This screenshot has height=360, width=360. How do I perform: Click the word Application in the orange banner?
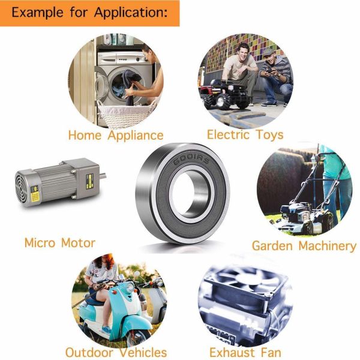130,13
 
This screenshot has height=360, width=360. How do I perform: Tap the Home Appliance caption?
116,136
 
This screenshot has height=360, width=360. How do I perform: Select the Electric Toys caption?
245,135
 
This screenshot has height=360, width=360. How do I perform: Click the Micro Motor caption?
59,243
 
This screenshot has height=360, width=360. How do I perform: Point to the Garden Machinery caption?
304,246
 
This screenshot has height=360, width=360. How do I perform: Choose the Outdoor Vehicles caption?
116,352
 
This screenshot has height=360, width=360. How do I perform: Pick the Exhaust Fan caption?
245,352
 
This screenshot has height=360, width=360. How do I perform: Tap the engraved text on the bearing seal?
191,159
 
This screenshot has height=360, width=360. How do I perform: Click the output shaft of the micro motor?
103,176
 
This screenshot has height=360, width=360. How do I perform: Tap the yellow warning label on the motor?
35,197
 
